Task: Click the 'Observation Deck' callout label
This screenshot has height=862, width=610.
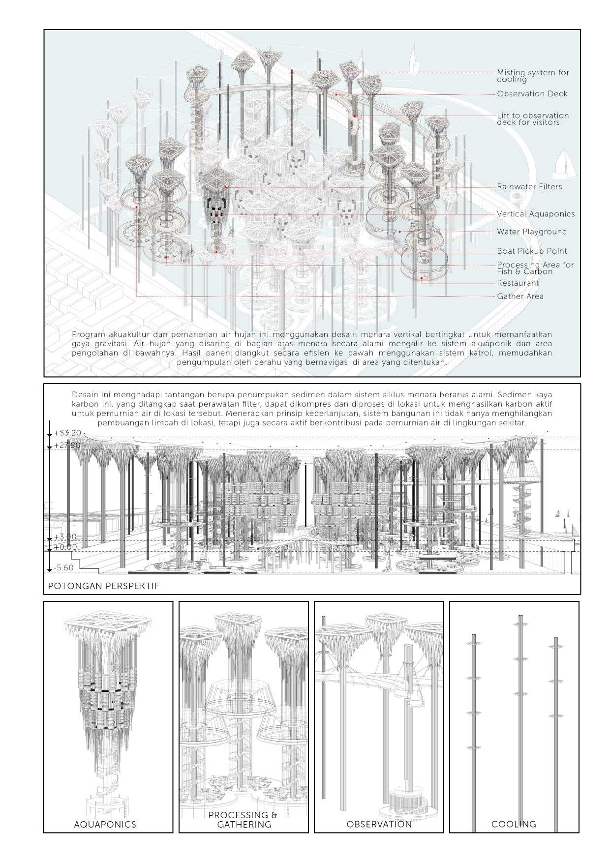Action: click(532, 94)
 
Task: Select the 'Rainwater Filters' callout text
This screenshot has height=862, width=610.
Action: click(529, 187)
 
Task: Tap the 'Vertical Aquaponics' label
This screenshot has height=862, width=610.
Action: click(535, 214)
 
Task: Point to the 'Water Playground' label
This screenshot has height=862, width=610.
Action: click(531, 232)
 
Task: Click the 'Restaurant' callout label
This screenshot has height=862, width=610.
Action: click(518, 283)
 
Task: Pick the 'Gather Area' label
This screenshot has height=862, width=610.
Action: click(520, 297)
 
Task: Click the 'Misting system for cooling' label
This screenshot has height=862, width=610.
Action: click(532, 76)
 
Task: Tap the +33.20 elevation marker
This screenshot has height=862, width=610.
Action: click(67, 433)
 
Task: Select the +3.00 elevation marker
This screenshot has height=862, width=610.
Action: click(65, 537)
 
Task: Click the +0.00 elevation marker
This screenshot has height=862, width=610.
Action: click(65, 547)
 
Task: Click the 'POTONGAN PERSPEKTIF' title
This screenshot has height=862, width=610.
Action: click(103, 587)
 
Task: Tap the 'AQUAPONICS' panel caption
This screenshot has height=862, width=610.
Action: click(105, 825)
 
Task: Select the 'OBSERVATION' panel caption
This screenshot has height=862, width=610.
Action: click(379, 825)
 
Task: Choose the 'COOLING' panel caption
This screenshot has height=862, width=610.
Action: click(514, 825)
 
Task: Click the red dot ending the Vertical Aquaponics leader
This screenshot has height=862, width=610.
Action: click(216, 215)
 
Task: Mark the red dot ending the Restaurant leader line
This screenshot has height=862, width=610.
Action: click(422, 278)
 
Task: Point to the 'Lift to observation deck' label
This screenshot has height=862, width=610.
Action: click(532, 119)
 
